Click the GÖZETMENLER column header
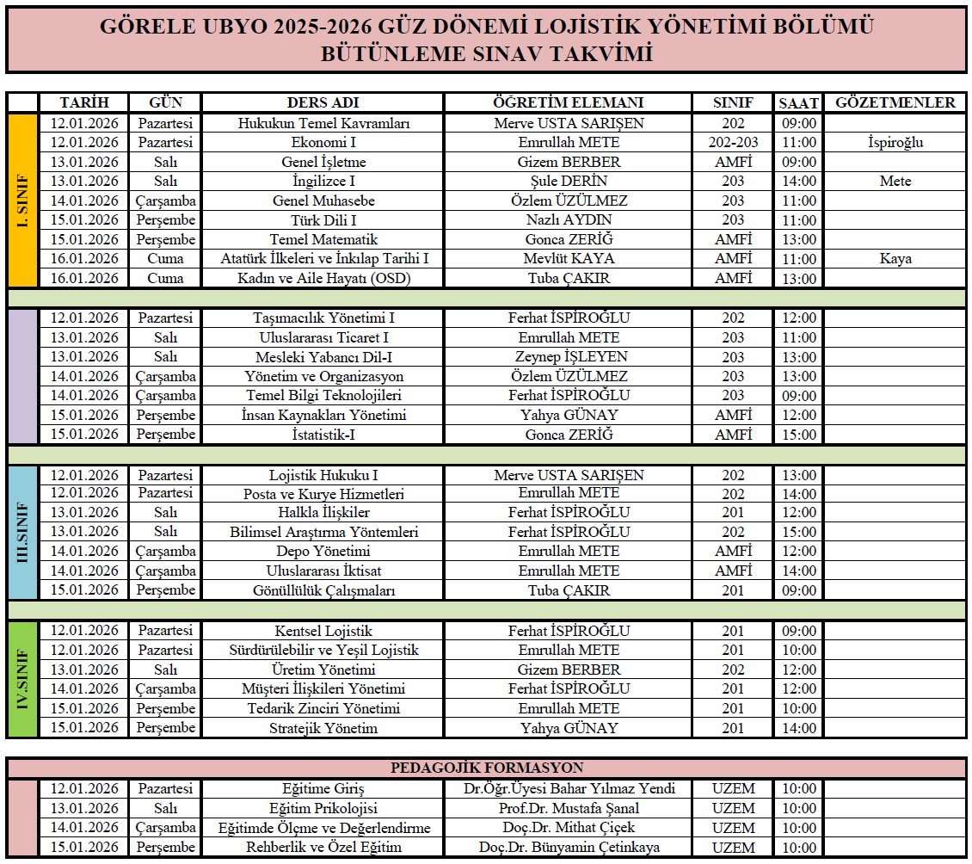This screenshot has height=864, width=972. tap(895, 103)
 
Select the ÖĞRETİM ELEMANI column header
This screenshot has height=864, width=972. tap(568, 103)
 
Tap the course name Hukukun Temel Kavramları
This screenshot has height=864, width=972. tap(323, 123)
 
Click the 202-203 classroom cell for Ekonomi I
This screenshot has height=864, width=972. tap(733, 143)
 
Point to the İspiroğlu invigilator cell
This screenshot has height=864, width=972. tap(895, 143)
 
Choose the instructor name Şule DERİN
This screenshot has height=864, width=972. tap(568, 182)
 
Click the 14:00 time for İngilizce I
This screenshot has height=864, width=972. tap(799, 182)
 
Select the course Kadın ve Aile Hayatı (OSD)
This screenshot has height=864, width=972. tap(323, 279)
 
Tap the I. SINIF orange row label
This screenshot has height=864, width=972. tap(23, 201)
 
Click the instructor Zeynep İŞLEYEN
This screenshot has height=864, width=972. tap(568, 357)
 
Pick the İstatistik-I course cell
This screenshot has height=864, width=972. tap(323, 435)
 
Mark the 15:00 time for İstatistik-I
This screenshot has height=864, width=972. tap(799, 435)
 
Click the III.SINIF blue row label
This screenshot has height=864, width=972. tap(23, 532)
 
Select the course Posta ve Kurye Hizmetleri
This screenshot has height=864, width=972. tap(323, 494)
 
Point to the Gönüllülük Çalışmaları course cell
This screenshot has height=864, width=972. tap(323, 591)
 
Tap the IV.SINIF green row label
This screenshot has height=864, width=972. tap(23, 679)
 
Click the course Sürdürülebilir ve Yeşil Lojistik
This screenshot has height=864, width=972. tap(323, 651)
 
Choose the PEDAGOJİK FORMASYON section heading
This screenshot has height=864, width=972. tap(487, 768)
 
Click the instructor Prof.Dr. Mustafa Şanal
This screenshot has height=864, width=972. tap(568, 809)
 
